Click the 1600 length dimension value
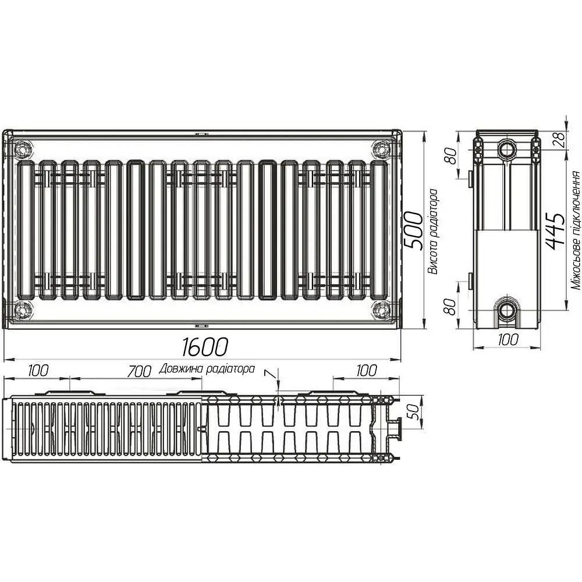coord(204,347)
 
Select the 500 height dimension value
coord(413,230)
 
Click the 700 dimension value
coord(139,371)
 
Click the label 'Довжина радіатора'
coord(207,369)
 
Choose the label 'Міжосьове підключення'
coord(576,230)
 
